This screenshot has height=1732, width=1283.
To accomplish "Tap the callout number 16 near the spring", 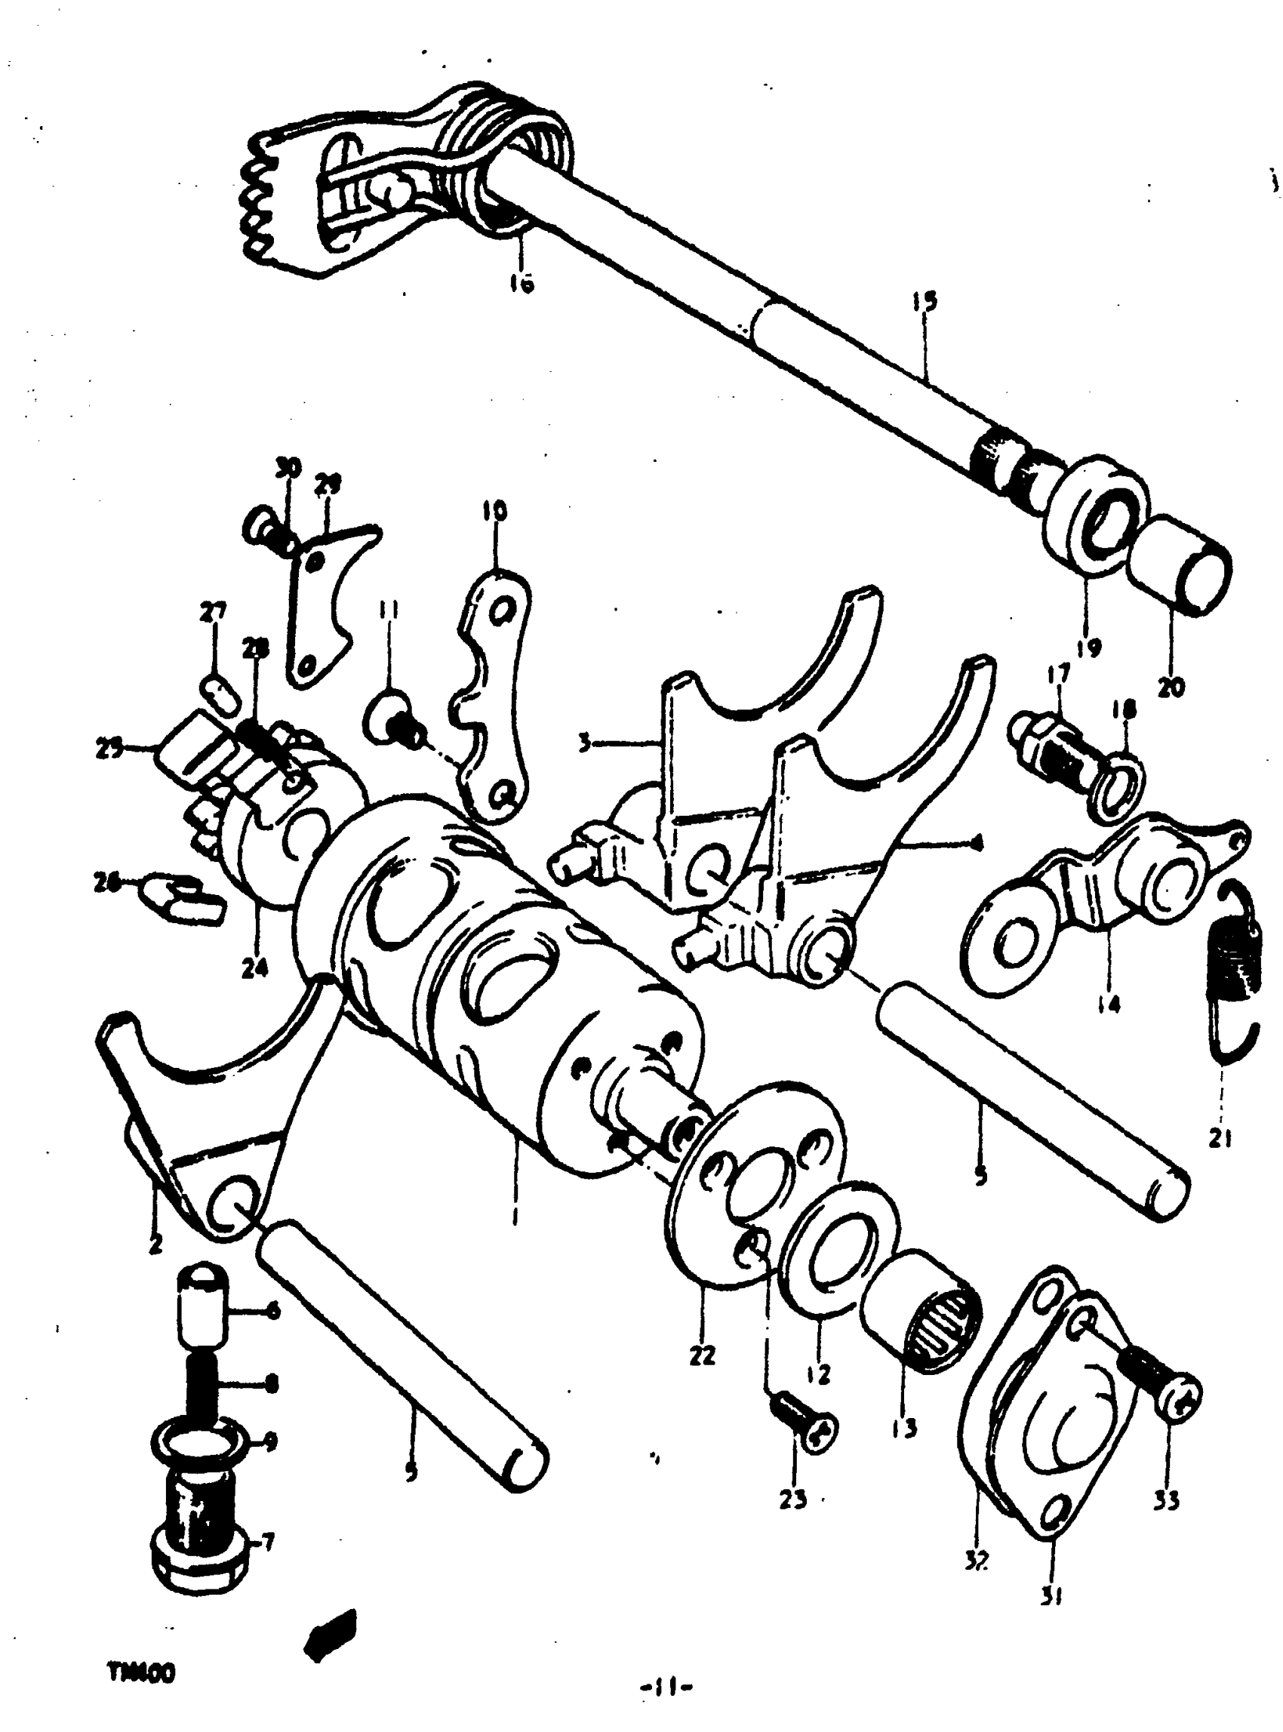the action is [x=522, y=284].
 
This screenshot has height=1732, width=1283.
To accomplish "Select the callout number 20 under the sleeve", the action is [x=1171, y=687].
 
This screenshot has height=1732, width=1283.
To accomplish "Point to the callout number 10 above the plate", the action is [x=496, y=511].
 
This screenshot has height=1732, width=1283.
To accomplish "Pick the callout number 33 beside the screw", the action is [x=1167, y=1500].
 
